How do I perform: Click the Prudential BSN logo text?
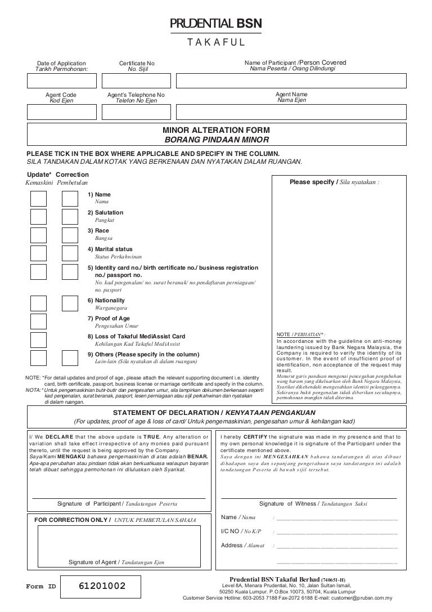216,23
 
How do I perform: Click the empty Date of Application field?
61,81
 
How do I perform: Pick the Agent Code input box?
61,113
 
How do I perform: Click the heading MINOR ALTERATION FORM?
216,130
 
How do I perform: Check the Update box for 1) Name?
38,198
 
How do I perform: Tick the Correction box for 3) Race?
70,234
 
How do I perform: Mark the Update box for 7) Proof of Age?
38,321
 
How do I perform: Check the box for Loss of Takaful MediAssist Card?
38,339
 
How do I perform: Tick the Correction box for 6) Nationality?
70,303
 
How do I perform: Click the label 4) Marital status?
110,248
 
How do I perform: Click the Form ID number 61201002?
102,587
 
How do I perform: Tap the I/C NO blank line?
336,532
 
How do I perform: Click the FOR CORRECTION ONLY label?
73,519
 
